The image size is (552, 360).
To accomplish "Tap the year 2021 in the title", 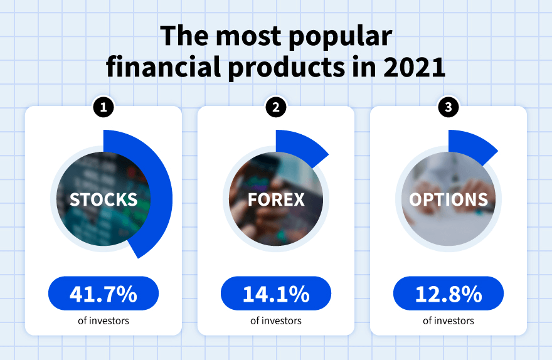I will click(x=414, y=67).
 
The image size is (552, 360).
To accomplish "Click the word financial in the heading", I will click(x=161, y=67).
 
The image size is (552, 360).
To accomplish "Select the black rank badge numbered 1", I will click(x=103, y=107).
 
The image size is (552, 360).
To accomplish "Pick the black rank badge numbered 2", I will click(x=275, y=107).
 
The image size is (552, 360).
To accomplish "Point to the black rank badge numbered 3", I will click(x=448, y=107).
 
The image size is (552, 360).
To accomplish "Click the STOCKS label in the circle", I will click(x=103, y=199).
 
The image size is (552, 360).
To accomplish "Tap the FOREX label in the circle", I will click(x=276, y=199).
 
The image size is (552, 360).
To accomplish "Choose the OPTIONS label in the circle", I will click(x=449, y=199).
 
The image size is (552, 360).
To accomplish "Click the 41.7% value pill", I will click(x=103, y=294).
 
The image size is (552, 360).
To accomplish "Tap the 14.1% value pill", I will click(x=276, y=294).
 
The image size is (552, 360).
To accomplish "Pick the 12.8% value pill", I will click(x=449, y=294).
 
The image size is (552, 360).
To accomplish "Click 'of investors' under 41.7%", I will click(x=103, y=320).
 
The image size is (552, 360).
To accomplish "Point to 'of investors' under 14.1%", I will click(x=276, y=320).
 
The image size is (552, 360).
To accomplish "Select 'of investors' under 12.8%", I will click(x=449, y=320).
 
